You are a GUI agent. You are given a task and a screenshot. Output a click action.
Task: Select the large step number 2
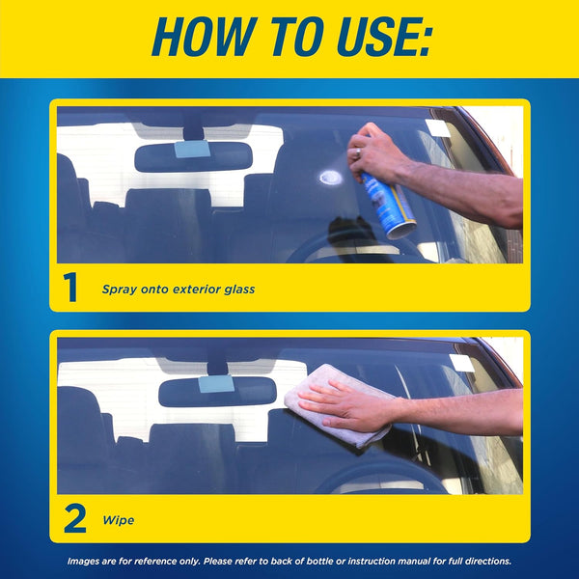point(75,519)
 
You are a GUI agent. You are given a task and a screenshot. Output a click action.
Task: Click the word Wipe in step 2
point(118,520)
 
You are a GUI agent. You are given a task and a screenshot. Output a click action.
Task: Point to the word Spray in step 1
point(122,289)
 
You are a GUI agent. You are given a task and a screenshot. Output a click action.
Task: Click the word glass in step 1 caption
point(236,289)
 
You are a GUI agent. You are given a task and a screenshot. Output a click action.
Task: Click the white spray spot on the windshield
point(330,177)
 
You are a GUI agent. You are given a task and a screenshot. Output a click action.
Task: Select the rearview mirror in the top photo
point(193,156)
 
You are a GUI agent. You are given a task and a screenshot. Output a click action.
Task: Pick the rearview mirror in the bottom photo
point(217,390)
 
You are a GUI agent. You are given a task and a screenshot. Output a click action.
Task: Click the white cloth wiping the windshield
point(334,403)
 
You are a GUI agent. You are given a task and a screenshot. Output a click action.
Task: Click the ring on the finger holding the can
point(357,152)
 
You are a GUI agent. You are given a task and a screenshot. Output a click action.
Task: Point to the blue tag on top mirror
point(191,150)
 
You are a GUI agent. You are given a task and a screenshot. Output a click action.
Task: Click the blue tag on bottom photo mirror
point(216,384)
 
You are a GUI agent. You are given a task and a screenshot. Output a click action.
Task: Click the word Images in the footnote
point(84,561)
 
